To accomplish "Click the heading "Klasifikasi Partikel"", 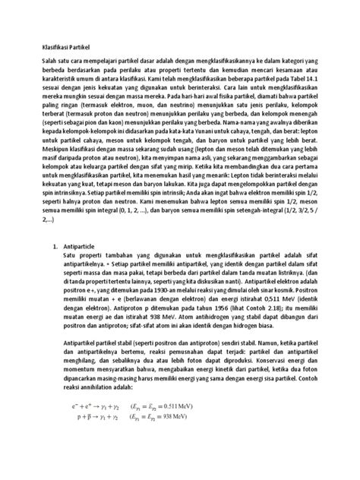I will (65, 44).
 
